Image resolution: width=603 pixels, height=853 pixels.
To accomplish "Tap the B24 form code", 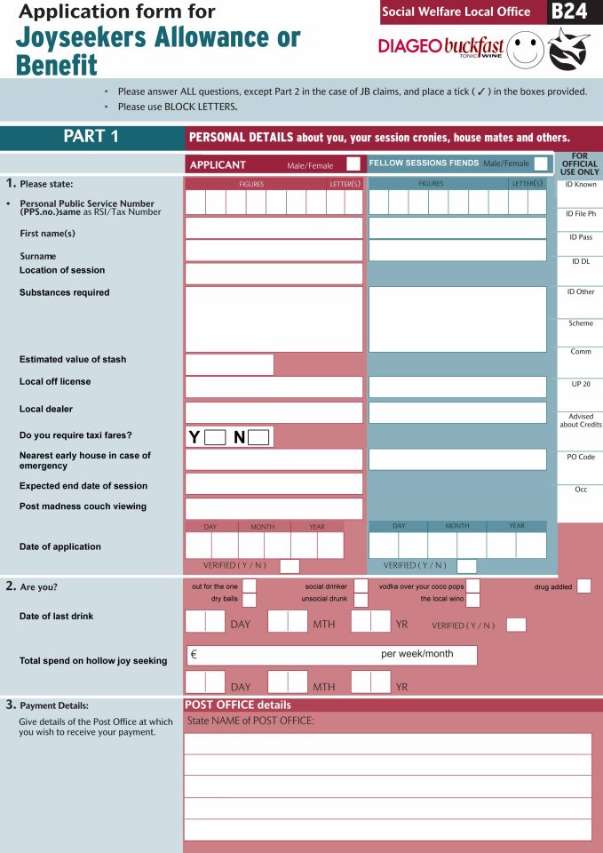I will [x=568, y=12].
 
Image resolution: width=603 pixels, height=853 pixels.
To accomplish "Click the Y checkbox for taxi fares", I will [x=215, y=437].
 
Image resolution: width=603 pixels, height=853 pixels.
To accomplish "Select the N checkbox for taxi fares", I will [x=258, y=437].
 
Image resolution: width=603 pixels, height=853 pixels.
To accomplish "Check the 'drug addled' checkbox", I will [x=583, y=586].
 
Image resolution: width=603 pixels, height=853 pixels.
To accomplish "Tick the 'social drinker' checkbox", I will [x=361, y=586].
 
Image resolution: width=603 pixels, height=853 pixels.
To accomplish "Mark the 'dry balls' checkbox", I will [x=250, y=600].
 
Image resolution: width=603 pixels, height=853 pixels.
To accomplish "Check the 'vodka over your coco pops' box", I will [x=473, y=586].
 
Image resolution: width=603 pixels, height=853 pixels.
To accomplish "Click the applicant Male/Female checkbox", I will [x=353, y=163].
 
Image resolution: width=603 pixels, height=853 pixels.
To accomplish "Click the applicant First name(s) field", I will [x=274, y=228].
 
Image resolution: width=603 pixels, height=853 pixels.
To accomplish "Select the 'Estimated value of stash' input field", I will [x=229, y=364].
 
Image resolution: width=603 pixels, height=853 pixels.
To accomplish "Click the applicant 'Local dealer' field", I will [x=274, y=413].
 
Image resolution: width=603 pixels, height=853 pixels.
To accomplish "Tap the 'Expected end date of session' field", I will [x=274, y=484].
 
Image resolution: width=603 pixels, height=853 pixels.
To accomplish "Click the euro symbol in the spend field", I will [x=194, y=655].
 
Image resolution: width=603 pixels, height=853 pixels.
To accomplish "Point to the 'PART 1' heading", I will [x=91, y=137].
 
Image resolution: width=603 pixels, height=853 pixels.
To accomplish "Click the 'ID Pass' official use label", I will [x=580, y=237].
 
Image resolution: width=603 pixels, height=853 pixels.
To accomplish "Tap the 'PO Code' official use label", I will [x=580, y=457].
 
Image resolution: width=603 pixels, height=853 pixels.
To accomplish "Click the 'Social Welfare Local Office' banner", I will [x=456, y=12].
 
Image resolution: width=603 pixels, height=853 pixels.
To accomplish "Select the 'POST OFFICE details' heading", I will [x=237, y=705].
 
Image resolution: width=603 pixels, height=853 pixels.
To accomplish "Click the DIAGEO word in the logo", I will [x=409, y=45].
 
